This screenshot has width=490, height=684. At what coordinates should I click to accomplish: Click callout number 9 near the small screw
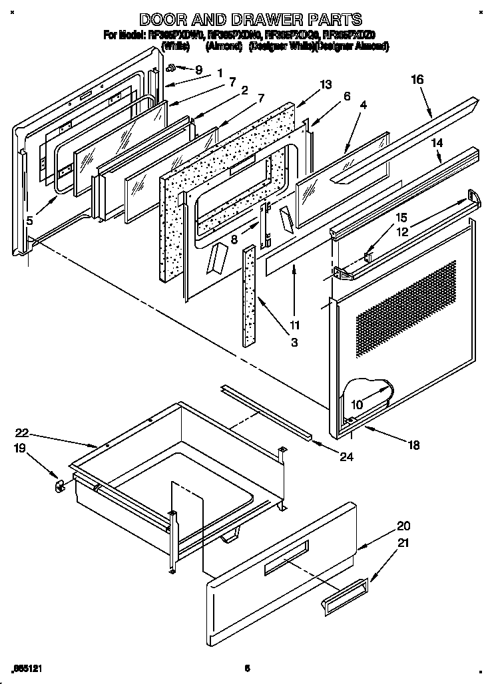point(198,69)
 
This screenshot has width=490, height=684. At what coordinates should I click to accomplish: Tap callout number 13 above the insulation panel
point(325,85)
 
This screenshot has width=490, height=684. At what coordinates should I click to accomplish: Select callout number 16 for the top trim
point(417,79)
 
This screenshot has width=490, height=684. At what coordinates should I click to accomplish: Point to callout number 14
point(437,142)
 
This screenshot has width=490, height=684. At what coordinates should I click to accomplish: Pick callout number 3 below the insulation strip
point(294,343)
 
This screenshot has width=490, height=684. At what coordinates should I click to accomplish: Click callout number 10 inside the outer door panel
point(357,405)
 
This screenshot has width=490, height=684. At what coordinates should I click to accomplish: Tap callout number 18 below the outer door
point(414,446)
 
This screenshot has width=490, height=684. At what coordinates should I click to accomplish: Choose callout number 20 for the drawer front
point(403,525)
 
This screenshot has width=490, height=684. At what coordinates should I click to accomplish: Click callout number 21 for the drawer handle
point(403,544)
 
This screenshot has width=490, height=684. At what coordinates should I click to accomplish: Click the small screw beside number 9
point(171,67)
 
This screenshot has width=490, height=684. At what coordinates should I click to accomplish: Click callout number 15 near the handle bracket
point(401,218)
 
